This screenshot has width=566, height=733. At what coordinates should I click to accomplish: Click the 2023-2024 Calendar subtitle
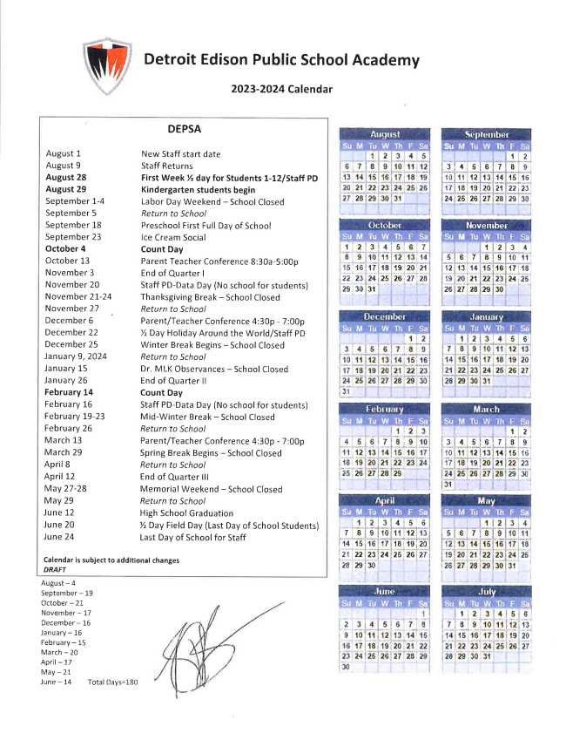tap(281, 88)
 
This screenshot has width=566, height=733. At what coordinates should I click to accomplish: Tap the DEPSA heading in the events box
tap(184, 128)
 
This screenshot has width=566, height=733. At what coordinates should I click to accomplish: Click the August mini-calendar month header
tap(385, 135)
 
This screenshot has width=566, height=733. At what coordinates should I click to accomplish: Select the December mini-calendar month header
tap(385, 316)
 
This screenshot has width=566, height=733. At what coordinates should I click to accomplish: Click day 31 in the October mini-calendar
tap(372, 288)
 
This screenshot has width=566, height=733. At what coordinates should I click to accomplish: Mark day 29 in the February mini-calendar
tap(398, 472)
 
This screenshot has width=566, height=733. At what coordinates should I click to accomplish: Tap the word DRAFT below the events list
tap(55, 568)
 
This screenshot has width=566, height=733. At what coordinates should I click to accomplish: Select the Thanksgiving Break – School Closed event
tap(210, 297)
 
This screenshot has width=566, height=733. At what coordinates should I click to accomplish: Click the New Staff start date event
tap(180, 153)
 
